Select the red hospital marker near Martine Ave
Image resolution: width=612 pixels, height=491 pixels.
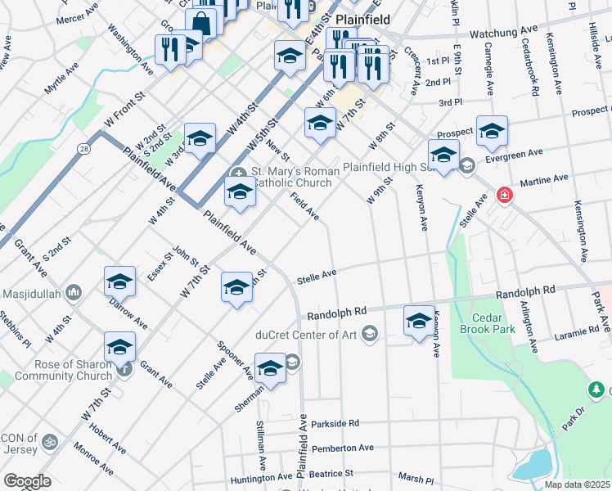tap(504, 195)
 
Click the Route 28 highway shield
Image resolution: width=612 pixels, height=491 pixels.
tap(84, 148)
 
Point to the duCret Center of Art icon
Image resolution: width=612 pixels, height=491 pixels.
tap(370, 334)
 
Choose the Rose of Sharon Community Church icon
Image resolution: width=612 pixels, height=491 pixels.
tap(124, 370)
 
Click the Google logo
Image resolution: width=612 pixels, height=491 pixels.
tap(27, 480)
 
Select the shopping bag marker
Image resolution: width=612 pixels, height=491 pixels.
tap(200, 24)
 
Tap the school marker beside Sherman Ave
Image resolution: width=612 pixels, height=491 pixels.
tap(270, 369)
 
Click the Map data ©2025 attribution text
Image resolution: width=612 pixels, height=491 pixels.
tap(576, 484)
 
